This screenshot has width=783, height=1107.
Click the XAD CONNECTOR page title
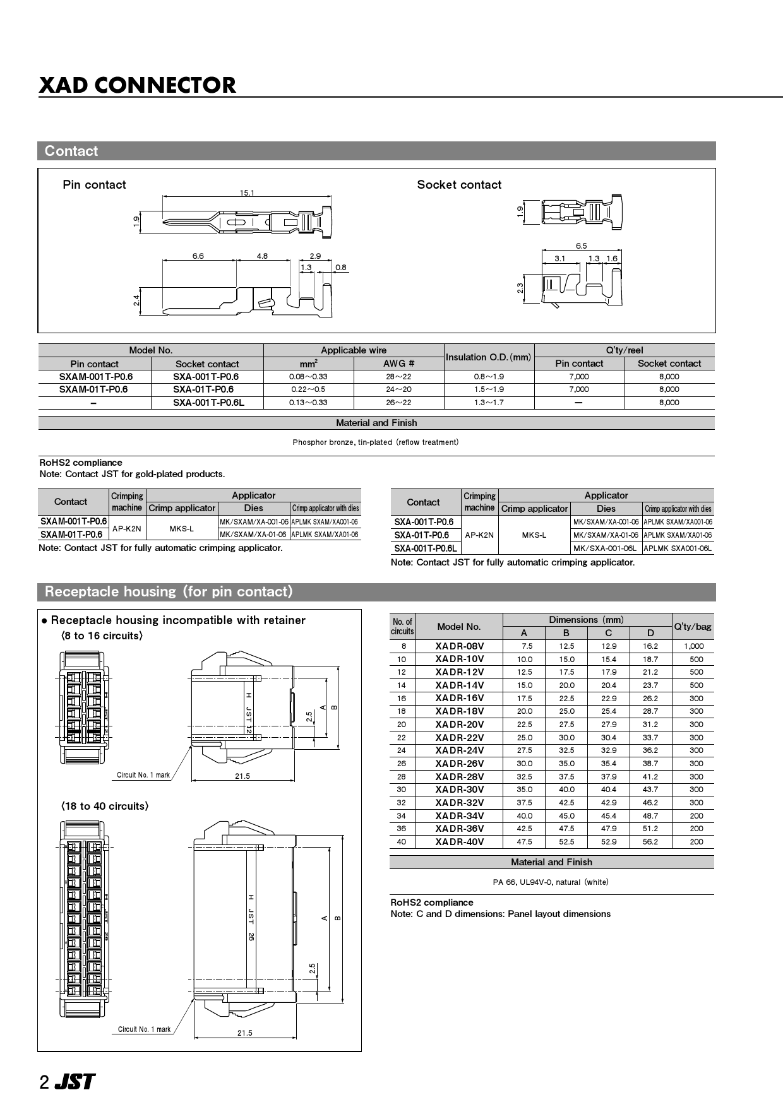[138, 85]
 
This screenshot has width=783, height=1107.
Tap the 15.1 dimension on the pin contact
[247, 192]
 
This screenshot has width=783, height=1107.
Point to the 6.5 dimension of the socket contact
[581, 246]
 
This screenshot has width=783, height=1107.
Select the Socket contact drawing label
[459, 185]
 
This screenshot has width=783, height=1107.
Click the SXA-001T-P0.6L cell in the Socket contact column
[208, 403]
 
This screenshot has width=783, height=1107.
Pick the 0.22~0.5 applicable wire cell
[308, 389]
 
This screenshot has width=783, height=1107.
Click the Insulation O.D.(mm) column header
[488, 357]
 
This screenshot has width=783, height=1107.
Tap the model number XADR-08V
[459, 646]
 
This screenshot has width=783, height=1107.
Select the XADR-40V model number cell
[459, 842]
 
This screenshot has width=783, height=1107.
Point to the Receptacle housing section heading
[169, 592]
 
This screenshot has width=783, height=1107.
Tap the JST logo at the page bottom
[75, 1082]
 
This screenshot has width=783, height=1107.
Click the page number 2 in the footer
[44, 1083]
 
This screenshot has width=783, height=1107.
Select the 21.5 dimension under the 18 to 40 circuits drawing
[244, 1033]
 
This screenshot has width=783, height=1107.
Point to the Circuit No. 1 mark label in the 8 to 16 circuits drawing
[143, 775]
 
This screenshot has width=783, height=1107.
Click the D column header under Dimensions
[650, 633]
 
